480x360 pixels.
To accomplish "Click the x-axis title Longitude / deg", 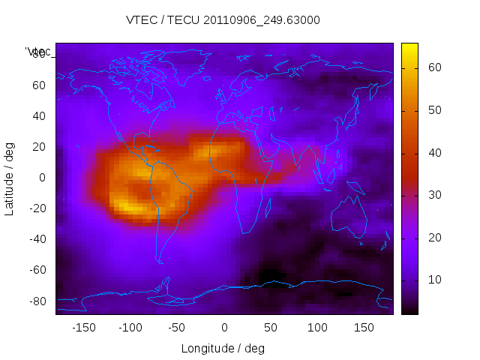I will [x=223, y=348].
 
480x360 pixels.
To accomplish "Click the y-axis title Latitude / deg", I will [x=10, y=178].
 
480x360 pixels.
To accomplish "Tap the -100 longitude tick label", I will [x=130, y=328].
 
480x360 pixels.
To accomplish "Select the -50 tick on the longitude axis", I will [x=177, y=328].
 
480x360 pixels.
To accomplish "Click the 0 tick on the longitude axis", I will [x=224, y=328].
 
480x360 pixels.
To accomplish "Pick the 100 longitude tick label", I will [x=317, y=328].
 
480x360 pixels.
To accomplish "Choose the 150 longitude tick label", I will [x=364, y=328].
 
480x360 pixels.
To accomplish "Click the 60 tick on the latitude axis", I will [x=38, y=85].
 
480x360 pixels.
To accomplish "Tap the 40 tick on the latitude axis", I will [x=38, y=115].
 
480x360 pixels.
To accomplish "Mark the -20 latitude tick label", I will [x=36, y=208].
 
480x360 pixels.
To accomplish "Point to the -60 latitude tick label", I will [x=36, y=270].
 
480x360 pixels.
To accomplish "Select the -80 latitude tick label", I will [x=36, y=301].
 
